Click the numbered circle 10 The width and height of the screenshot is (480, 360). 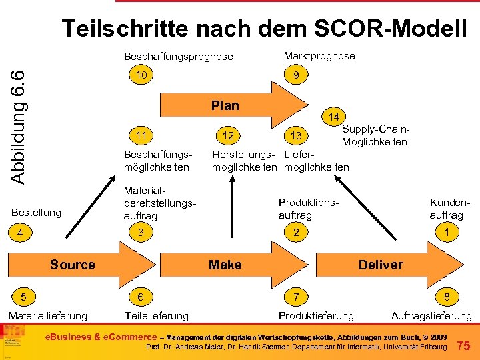coord(141,75)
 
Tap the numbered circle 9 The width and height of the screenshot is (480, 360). coord(295,76)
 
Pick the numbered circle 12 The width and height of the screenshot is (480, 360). coord(228,136)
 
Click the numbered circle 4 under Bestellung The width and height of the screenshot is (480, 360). coord(21,234)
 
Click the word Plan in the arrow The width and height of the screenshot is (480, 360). coord(225,105)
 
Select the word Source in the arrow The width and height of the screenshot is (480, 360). coord(73,265)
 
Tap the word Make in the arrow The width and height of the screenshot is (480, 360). coord(225,265)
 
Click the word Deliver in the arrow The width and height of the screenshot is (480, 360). coord(381,265)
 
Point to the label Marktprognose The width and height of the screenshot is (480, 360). coord(319,56)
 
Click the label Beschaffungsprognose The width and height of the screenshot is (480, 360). coord(179,57)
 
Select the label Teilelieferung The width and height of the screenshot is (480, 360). coord(157,315)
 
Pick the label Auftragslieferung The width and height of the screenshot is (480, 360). coord(431,315)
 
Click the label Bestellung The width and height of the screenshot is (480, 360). coord(37,213)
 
